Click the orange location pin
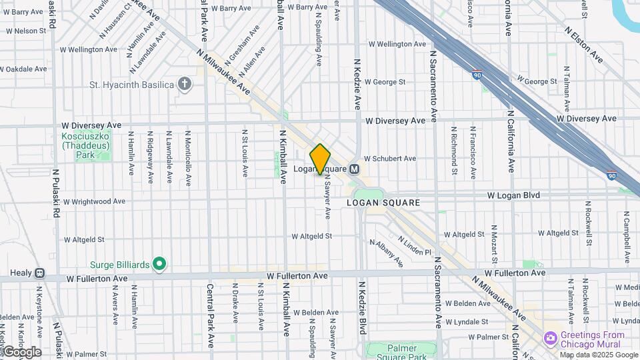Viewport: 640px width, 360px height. [320, 159]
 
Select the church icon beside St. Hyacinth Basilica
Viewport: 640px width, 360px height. [185, 85]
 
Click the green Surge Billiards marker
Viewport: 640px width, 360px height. [159, 265]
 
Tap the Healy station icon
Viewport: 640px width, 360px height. [40, 273]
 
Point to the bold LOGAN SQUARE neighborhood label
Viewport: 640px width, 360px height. [383, 203]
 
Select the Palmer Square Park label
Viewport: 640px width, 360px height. [403, 353]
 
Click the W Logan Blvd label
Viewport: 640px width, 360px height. [513, 195]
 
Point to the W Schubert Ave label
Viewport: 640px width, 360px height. [389, 159]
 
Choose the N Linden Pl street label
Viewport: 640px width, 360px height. [415, 246]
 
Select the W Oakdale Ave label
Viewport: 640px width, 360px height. [27, 69]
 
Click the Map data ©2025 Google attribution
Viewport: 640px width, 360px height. [598, 355]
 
